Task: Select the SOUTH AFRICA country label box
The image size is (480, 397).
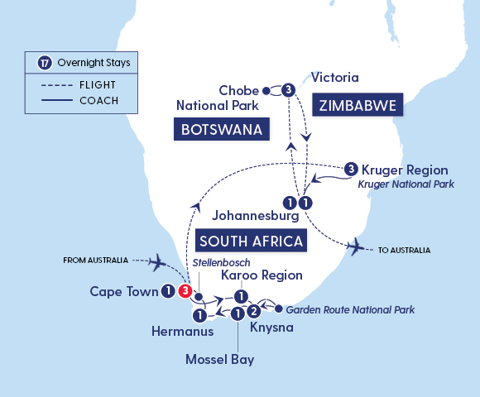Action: click(x=251, y=241)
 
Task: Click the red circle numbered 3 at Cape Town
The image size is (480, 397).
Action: click(x=186, y=291)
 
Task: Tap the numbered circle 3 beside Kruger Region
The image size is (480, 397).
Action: click(x=351, y=170)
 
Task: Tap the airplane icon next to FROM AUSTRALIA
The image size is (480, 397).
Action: click(x=160, y=261)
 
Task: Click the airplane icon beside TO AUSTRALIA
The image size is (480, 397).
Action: click(x=357, y=246)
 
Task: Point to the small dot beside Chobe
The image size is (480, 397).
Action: click(x=266, y=90)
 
